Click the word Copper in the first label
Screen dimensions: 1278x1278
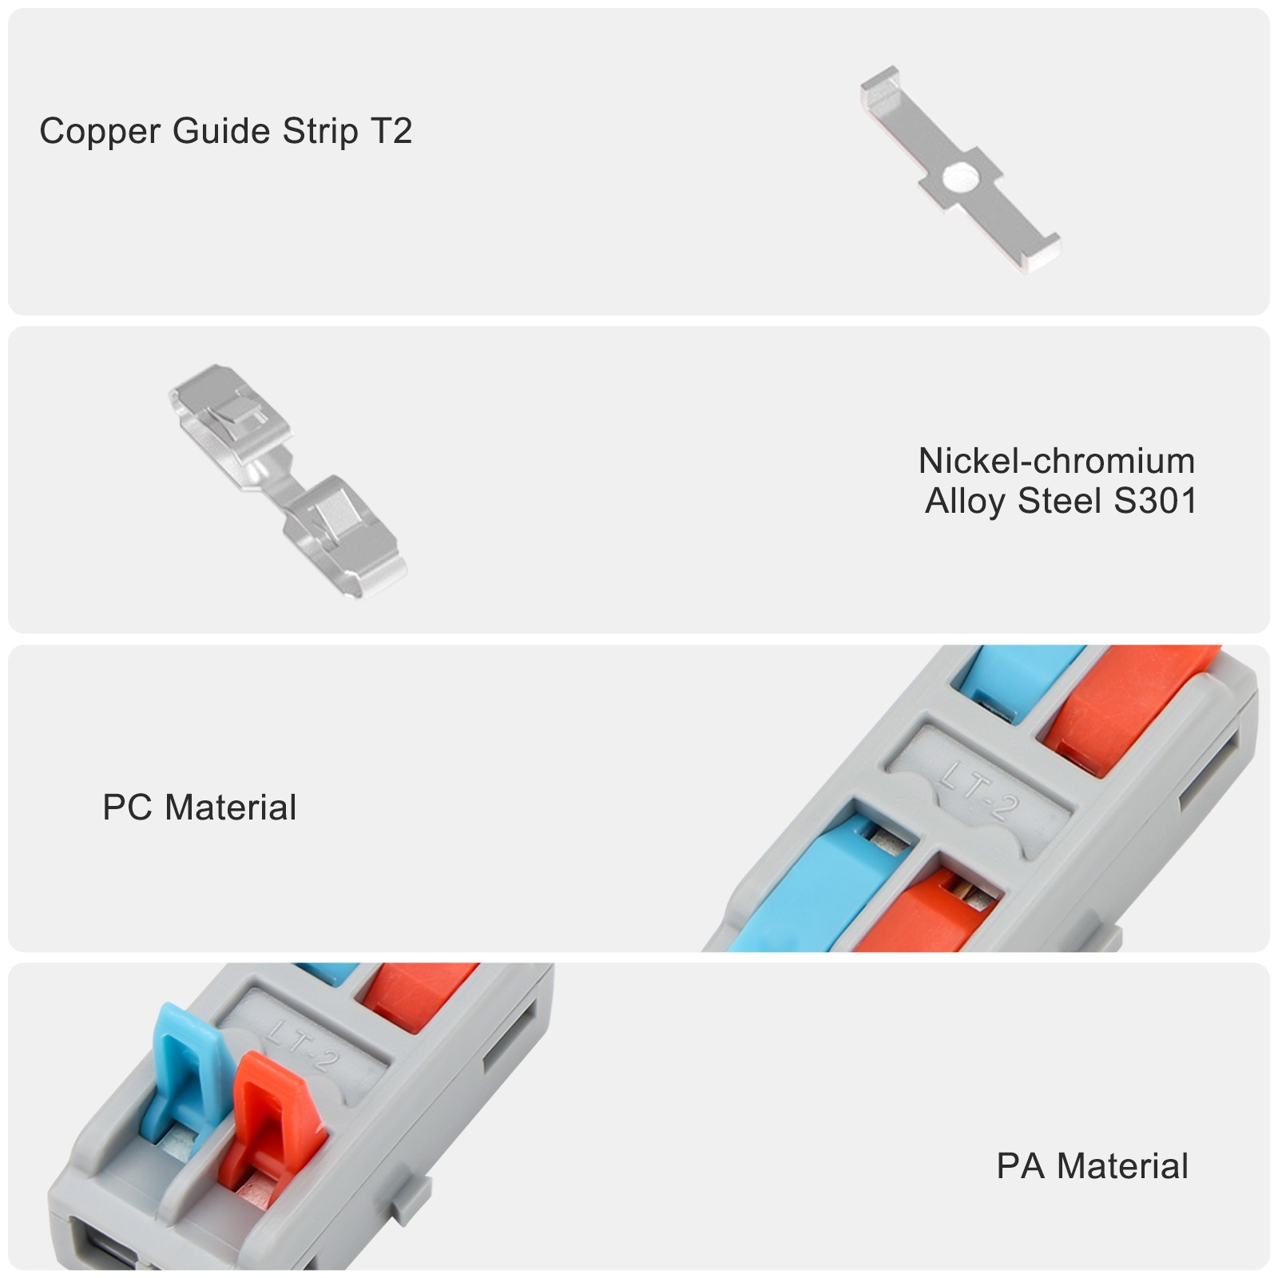point(99,132)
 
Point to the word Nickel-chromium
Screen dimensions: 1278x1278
point(1056,461)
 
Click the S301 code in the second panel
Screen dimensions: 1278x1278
point(1155,502)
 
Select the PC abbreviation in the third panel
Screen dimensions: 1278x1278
point(128,808)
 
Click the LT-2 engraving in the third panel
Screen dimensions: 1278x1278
point(979,791)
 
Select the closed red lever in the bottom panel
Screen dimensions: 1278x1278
point(415,990)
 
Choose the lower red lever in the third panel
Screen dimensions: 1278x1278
point(919,919)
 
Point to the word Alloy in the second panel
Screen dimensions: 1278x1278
point(965,502)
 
